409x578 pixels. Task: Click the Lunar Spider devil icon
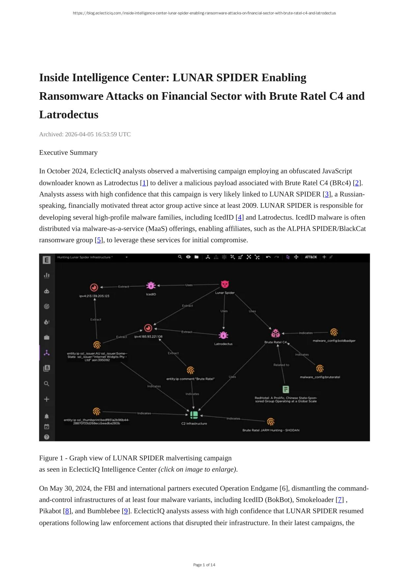225,284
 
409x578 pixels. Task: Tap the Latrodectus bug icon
224,335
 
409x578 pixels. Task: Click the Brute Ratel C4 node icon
275,333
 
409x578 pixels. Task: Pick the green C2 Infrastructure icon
194,415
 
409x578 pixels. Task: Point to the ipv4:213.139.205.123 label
94,296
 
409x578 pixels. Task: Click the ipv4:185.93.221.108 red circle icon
148,328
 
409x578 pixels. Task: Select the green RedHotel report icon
286,389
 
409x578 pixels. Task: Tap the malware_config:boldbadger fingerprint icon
334,332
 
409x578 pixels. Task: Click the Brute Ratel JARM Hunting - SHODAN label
271,430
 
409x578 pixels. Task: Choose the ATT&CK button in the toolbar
311,257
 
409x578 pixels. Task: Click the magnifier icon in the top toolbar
180,257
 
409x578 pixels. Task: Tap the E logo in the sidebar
46,260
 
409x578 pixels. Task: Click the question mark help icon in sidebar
46,437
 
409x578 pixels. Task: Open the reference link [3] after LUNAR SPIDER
327,194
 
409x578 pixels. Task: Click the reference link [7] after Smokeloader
340,500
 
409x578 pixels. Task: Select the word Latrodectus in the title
69,115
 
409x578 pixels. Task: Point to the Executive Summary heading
68,152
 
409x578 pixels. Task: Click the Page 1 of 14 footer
204,565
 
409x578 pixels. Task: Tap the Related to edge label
281,365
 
